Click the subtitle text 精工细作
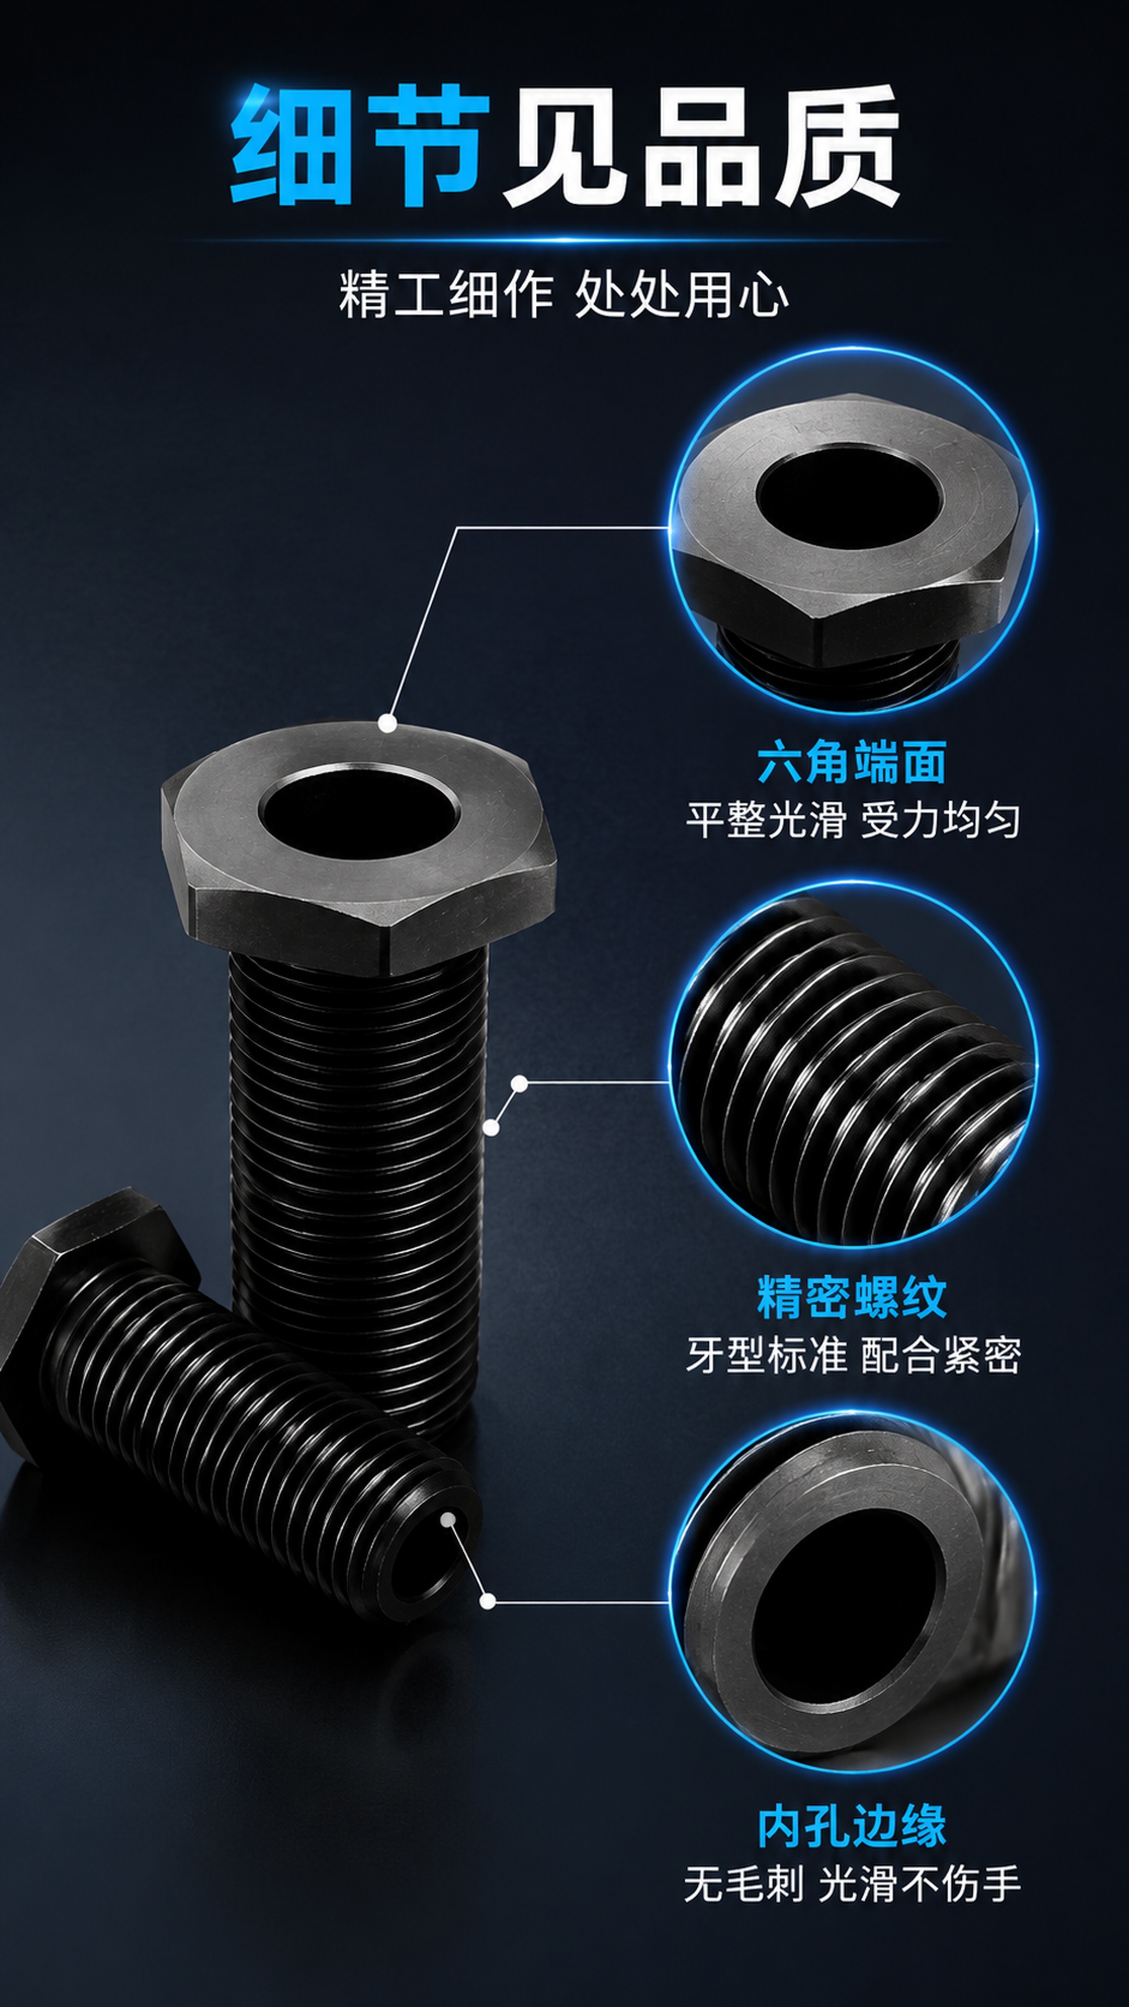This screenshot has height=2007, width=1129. (x=446, y=294)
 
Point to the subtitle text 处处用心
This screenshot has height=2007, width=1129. (x=682, y=294)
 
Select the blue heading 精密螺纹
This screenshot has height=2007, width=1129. (x=851, y=1297)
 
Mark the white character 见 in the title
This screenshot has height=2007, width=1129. (x=567, y=145)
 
